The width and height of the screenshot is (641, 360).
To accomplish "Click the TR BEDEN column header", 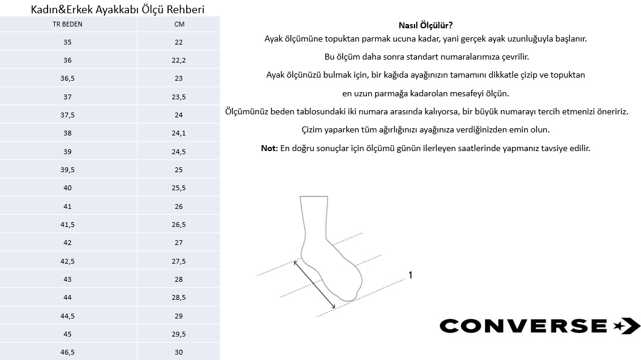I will (x=67, y=25).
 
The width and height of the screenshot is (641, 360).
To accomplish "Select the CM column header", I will (x=179, y=25).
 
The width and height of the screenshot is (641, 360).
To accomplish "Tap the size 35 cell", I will (x=67, y=42).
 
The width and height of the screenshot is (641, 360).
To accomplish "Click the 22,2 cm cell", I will (x=179, y=60).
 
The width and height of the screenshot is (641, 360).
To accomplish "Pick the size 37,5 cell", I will (x=67, y=115).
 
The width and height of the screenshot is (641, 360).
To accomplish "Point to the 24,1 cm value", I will (x=179, y=133).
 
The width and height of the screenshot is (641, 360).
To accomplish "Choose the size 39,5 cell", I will (x=67, y=170).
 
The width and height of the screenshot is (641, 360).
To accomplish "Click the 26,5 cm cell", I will (x=179, y=225).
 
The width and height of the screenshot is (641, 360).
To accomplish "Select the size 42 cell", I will (x=67, y=243).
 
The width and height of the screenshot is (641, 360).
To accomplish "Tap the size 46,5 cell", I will (x=67, y=352).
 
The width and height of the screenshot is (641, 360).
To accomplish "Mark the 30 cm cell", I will (x=179, y=352).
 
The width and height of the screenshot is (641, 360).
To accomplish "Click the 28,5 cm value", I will (x=179, y=297).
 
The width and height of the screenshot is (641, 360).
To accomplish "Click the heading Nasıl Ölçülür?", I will (x=425, y=25).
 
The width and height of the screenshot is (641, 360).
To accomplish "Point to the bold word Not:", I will (x=269, y=148).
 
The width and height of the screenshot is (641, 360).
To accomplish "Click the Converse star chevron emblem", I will (x=625, y=326).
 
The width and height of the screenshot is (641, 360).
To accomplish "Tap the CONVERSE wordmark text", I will (x=523, y=326).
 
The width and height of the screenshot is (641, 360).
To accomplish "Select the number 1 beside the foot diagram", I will (x=410, y=275).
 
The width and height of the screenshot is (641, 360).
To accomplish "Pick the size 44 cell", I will (x=67, y=297).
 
